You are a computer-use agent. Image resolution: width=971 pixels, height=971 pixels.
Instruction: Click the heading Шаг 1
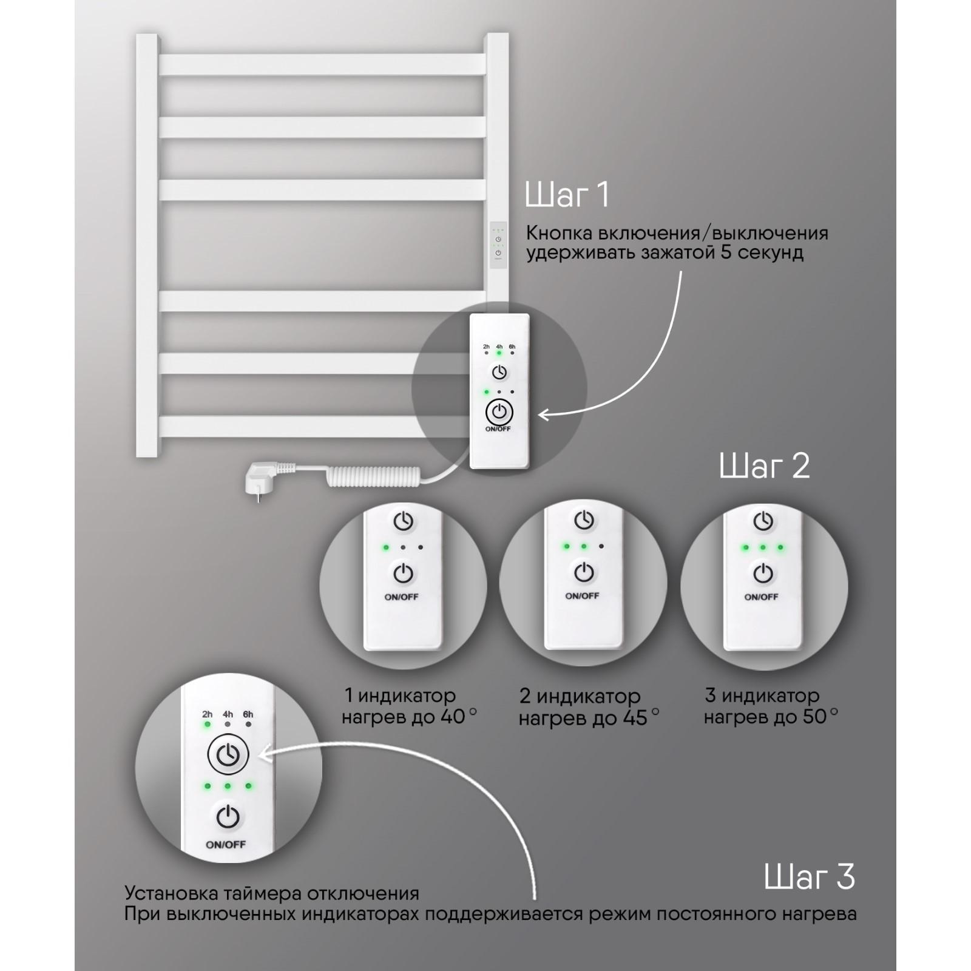tap(567, 195)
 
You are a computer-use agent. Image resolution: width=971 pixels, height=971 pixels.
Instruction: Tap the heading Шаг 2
tap(764, 466)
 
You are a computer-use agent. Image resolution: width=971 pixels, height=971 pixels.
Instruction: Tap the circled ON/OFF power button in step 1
tap(499, 412)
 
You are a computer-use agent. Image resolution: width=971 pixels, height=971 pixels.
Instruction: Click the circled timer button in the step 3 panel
tap(228, 755)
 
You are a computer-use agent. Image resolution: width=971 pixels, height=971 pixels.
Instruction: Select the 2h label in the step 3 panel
tap(208, 714)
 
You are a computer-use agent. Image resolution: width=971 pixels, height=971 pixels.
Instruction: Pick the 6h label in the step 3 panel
tap(248, 714)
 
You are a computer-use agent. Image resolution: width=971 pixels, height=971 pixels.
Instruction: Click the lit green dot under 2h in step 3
tap(208, 724)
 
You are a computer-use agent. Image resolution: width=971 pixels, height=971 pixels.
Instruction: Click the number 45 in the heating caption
tap(635, 719)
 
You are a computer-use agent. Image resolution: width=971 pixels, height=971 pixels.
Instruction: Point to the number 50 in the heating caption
tap(815, 717)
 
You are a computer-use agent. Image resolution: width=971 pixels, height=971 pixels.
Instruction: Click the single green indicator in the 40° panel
tap(385, 547)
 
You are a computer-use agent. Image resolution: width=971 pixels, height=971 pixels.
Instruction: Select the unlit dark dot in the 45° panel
tap(601, 546)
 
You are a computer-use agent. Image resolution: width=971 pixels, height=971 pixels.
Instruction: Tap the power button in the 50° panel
tap(763, 573)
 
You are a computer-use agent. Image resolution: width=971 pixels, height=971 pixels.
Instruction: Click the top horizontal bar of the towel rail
tap(322, 65)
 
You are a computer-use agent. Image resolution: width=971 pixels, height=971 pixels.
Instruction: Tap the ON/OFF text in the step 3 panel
tap(226, 845)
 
